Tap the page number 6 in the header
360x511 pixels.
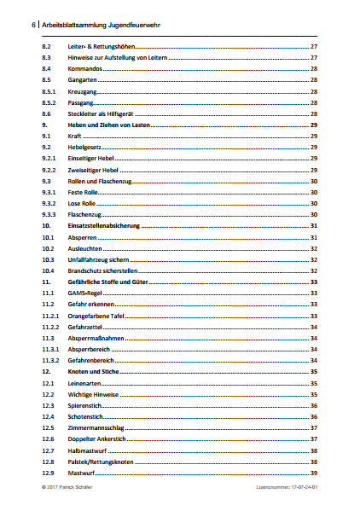tap(33, 26)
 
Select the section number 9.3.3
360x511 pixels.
tap(49, 215)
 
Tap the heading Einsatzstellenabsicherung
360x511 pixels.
tap(102, 226)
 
